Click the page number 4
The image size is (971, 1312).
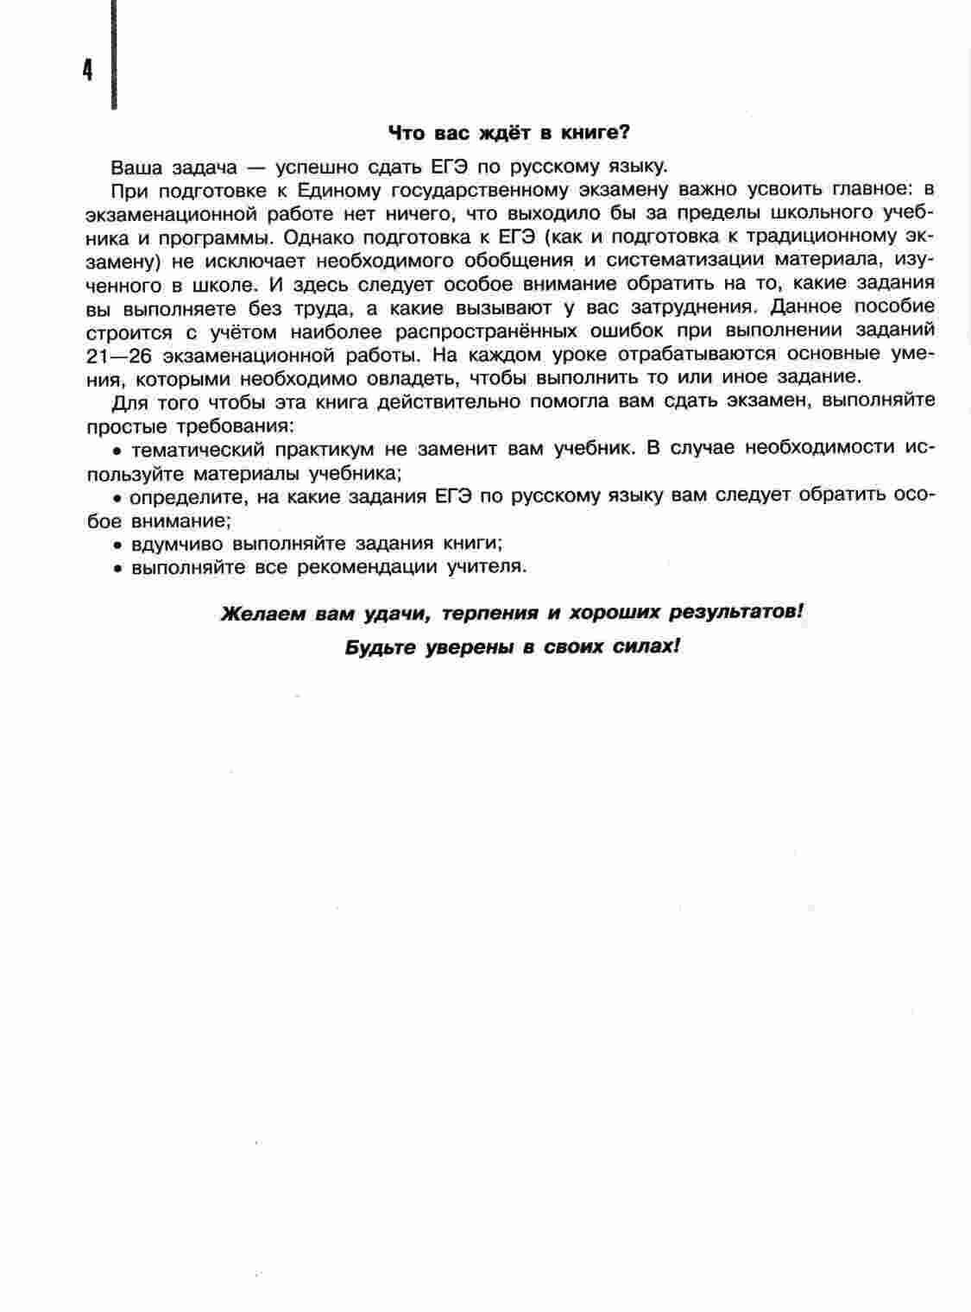(x=87, y=70)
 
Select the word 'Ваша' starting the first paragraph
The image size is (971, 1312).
(x=136, y=167)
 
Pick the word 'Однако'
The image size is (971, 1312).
(x=316, y=237)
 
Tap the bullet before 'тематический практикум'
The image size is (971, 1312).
(x=117, y=451)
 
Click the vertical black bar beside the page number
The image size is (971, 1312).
(x=113, y=52)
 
